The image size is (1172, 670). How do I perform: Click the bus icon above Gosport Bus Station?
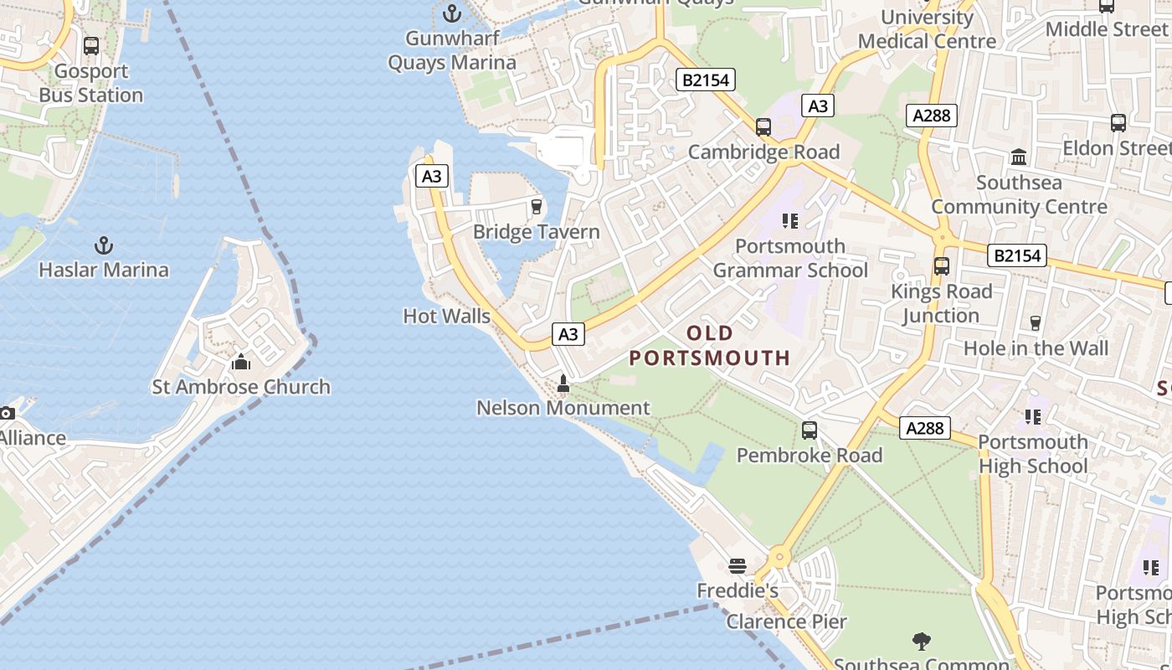pos(91,46)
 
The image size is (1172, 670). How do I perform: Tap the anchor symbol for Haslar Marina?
pos(104,245)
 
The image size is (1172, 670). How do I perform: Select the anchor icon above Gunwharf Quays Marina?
pos(452,13)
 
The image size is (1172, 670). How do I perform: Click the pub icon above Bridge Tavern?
pos(537,206)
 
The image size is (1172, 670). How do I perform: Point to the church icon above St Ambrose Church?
pos(241,362)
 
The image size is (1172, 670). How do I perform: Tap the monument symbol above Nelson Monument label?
pos(563,384)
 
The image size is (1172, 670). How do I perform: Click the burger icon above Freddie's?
pos(738,566)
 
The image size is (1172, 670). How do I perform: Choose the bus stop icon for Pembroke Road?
pos(810,430)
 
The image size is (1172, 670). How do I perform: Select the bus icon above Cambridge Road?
pos(763,127)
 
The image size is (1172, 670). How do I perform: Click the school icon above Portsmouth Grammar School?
pos(789,221)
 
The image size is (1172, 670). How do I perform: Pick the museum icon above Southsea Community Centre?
pos(1019,157)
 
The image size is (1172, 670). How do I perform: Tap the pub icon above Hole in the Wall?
pos(1036,323)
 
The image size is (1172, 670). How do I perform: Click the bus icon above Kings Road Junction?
pos(942,266)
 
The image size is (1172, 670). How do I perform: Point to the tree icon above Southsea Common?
pos(922,642)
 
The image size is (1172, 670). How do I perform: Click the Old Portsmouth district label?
pos(710,346)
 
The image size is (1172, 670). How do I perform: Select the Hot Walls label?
pos(447,317)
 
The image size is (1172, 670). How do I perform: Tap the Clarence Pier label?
pos(786,621)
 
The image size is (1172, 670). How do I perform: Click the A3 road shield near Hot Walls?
pos(568,334)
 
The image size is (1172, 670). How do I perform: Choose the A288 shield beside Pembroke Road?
pos(925,428)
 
